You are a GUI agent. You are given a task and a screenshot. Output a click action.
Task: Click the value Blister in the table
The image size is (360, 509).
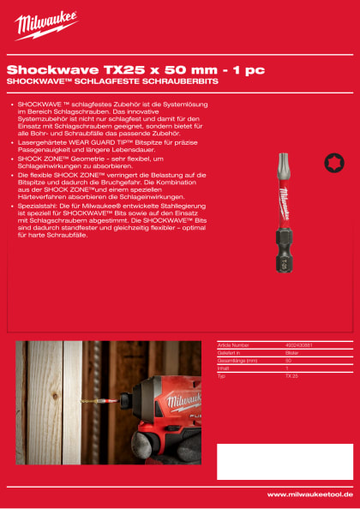(x=291, y=353)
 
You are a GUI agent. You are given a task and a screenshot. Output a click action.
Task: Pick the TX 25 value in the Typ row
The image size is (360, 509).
(x=291, y=376)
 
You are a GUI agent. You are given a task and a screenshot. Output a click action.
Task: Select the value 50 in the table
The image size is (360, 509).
(x=289, y=361)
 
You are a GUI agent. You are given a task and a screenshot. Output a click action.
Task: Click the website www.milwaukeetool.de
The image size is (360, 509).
(x=309, y=494)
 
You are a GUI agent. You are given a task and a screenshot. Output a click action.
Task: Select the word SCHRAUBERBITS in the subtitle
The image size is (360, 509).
(x=180, y=81)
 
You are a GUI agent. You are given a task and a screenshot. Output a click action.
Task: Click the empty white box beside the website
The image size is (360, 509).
(x=283, y=461)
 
